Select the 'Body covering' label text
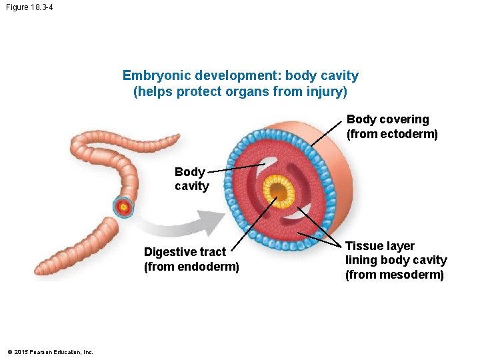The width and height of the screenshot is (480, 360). tap(387, 119)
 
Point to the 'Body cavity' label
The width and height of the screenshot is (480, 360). tap(191, 179)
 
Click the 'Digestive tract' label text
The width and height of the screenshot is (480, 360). tap(185, 252)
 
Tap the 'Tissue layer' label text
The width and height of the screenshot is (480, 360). tap(379, 246)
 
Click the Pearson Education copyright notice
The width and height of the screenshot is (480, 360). tap(50, 352)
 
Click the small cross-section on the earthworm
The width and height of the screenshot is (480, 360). tap(123, 207)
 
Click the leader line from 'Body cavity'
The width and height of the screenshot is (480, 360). tap(233, 167)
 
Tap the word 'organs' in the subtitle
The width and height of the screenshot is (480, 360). tap(246, 91)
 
